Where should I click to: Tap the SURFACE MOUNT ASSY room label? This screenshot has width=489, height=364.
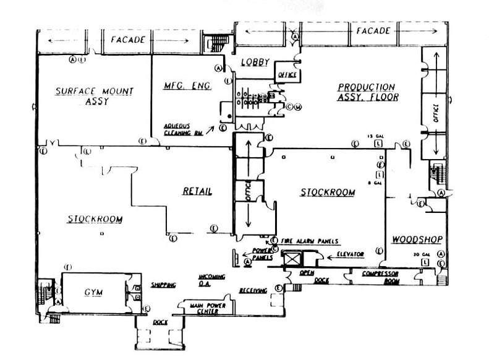tap(94, 96)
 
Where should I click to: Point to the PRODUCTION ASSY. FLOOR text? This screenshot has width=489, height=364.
tap(367, 92)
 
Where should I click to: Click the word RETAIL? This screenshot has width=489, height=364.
tap(197, 191)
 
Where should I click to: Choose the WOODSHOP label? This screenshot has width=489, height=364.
tap(412, 239)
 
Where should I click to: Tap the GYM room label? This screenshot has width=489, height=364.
tap(93, 292)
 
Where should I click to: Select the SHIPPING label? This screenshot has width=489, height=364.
tap(164, 285)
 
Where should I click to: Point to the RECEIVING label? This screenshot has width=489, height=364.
tap(253, 290)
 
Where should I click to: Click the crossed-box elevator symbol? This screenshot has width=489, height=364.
tap(291, 256)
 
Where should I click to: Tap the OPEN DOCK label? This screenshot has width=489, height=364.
tap(307, 276)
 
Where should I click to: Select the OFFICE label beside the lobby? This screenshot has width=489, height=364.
tap(287, 75)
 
